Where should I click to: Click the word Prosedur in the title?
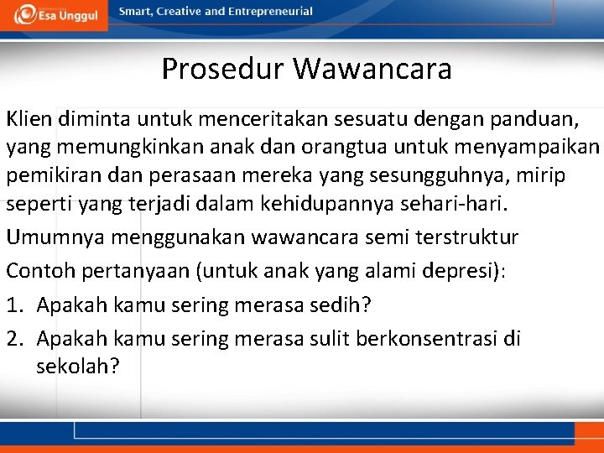coord(222,69)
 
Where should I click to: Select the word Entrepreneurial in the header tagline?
coord(269,12)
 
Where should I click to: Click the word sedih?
coord(338,305)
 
